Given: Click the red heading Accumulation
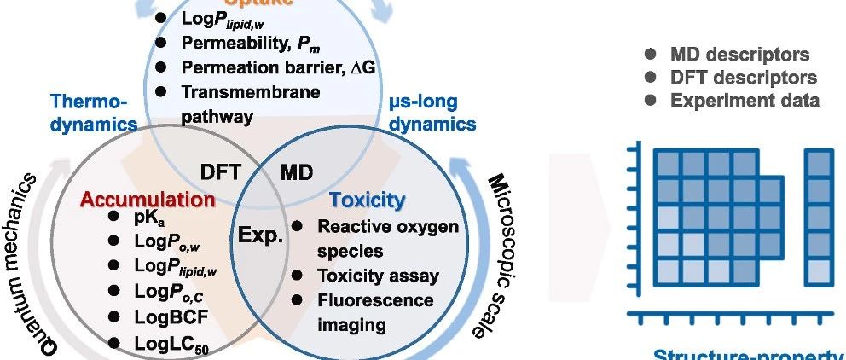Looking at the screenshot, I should (x=148, y=200).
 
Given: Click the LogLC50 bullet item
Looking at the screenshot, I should (x=165, y=343).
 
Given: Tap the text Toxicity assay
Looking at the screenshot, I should (x=378, y=276).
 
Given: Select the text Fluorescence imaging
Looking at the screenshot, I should (x=375, y=312).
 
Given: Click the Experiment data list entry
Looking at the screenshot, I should (x=745, y=101).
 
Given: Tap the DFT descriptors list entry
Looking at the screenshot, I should (x=742, y=78).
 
